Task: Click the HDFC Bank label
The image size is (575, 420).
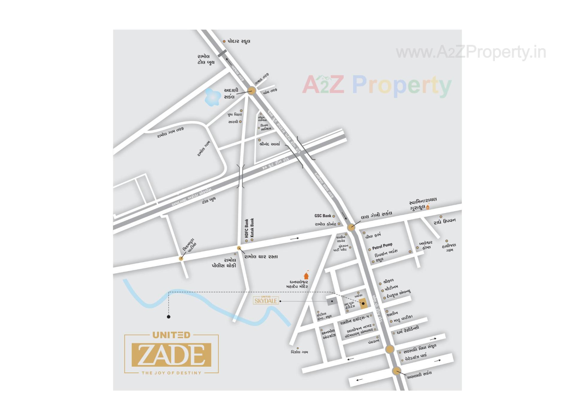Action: tap(246, 228)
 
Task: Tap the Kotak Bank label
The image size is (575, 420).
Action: tap(252, 228)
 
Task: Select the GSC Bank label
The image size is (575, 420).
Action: tap(323, 216)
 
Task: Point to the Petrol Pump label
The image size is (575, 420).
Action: tap(382, 247)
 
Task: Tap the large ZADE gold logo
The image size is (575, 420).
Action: tap(171, 355)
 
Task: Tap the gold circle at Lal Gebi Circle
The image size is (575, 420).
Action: tap(351, 227)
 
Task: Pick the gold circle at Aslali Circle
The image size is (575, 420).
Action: tap(396, 371)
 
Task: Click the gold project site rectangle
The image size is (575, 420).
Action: tap(363, 303)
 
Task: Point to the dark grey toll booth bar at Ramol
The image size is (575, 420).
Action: tap(222, 53)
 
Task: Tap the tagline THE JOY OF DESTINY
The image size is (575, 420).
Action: tap(171, 373)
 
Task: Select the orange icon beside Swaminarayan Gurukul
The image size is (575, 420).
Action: tap(428, 206)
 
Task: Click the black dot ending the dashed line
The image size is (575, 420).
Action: tap(169, 317)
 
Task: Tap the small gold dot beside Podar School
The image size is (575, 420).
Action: tap(224, 41)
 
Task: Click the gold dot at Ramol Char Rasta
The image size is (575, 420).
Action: tap(239, 248)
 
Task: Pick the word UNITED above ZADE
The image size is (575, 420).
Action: tap(171, 335)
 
